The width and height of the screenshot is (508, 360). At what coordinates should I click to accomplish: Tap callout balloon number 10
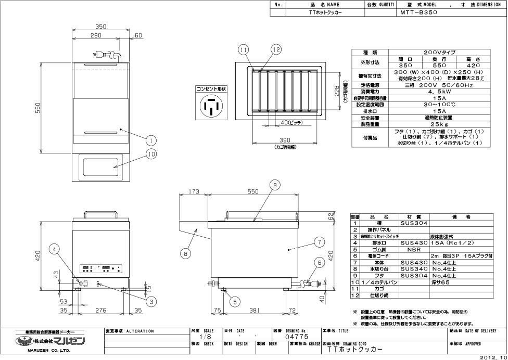151,153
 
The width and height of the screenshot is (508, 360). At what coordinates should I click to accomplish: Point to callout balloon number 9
275,184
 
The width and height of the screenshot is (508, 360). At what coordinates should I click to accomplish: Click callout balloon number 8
185,254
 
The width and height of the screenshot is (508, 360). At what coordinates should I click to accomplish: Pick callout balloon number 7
320,241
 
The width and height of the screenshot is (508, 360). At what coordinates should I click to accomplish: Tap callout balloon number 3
151,301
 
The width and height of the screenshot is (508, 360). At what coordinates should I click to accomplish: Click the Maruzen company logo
50,341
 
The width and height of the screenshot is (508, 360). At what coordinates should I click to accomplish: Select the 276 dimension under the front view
100,310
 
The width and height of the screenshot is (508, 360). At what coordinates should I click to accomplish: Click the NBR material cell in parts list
414,249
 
